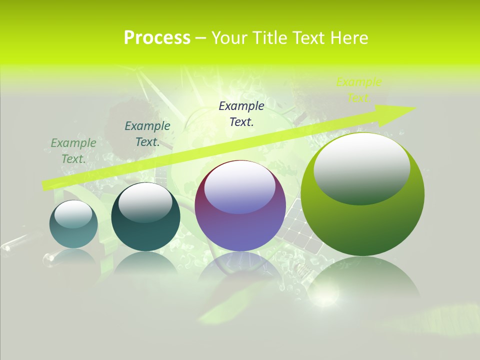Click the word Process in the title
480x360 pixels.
tap(157, 38)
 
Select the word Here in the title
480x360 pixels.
tap(349, 38)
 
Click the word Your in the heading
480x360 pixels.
tap(228, 38)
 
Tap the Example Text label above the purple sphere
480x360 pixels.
tap(241, 113)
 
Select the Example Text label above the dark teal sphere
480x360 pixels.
tap(147, 133)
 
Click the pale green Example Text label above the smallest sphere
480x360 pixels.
tap(73, 150)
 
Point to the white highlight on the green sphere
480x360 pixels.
tap(361, 167)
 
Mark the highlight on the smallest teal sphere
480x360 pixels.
tap(73, 214)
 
